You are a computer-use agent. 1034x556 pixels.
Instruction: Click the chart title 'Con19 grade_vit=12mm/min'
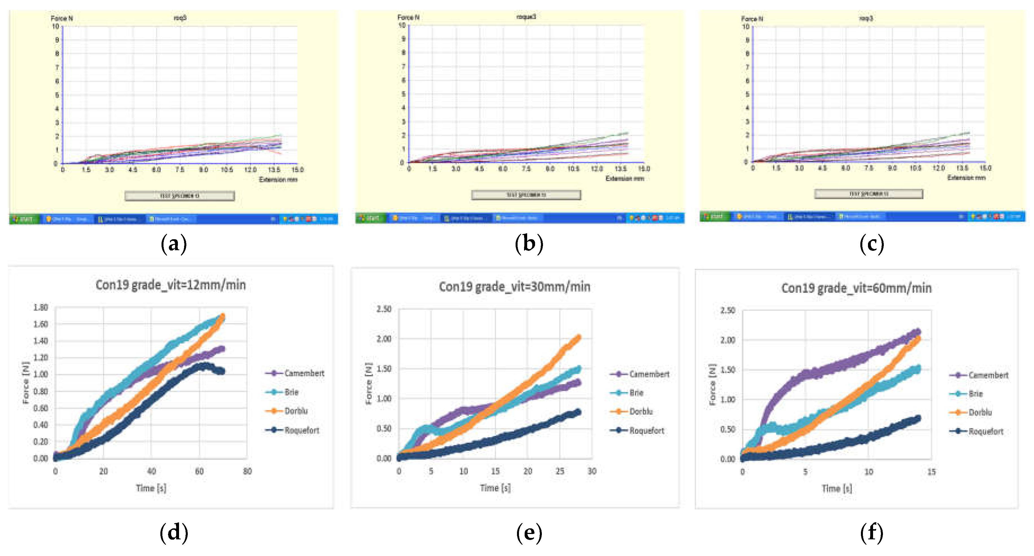point(170,285)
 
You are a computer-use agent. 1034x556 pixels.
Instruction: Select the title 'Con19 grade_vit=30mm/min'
point(514,287)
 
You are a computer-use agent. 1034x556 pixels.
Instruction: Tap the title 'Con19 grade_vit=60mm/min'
point(856,288)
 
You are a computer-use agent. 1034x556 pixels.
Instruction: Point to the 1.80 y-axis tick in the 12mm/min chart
point(41,307)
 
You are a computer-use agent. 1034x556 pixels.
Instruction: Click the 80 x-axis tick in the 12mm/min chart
point(247,471)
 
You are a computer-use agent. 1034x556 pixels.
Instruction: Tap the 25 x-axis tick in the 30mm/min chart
point(560,471)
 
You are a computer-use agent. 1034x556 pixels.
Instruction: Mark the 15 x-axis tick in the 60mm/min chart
point(931,472)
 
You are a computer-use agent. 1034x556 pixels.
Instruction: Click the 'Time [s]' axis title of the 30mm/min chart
point(495,488)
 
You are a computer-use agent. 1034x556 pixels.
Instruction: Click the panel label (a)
point(173,243)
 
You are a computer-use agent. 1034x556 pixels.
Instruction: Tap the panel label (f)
point(871,533)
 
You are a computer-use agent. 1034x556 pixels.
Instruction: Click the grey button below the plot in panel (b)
point(526,195)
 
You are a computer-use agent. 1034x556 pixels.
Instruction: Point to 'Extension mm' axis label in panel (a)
point(278,179)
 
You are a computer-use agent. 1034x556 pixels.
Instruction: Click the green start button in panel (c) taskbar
point(714,216)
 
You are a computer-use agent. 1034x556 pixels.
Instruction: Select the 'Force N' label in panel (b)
point(408,17)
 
